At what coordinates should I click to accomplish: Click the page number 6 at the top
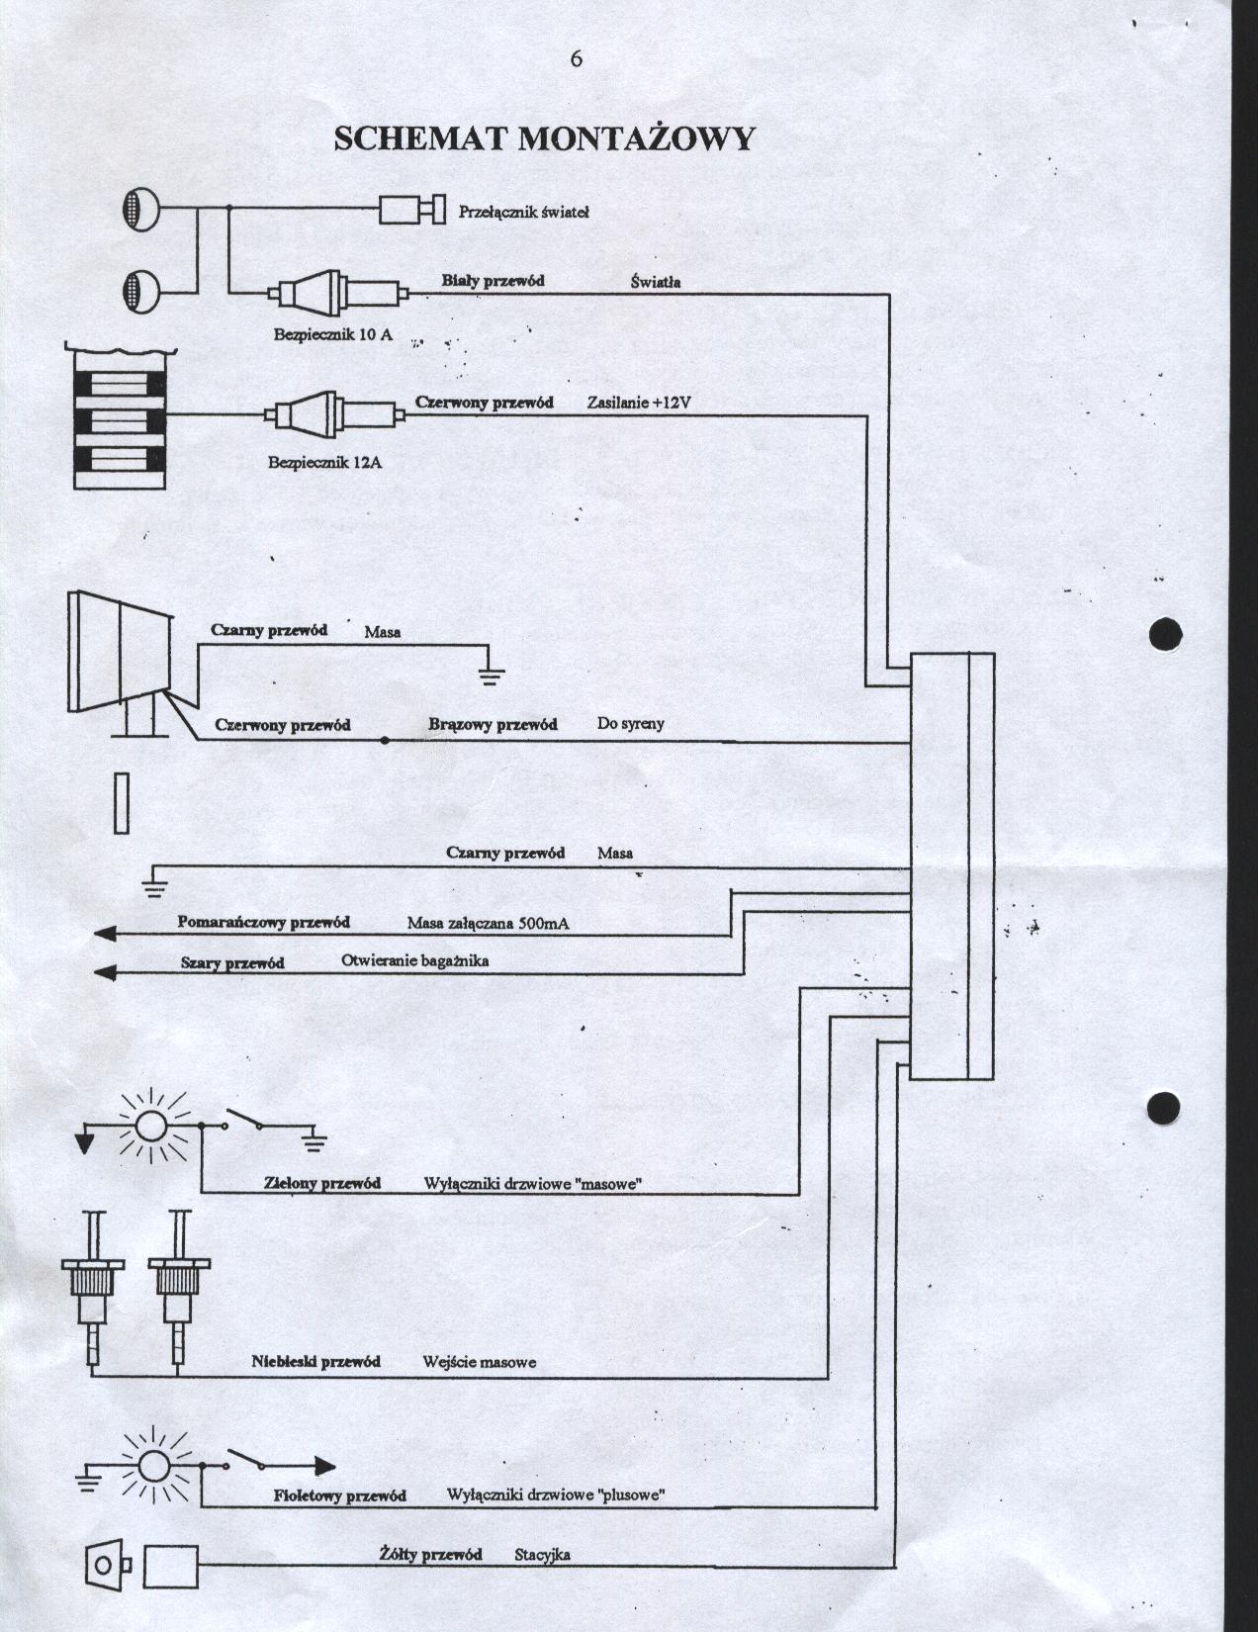(x=576, y=59)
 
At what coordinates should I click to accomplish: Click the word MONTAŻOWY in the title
(x=635, y=138)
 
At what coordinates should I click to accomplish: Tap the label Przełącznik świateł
(x=524, y=213)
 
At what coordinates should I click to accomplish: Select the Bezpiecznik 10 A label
(x=332, y=334)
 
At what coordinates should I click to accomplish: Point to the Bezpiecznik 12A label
(x=324, y=463)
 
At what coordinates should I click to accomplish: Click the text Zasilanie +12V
(x=639, y=403)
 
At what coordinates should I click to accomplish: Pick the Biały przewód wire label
(x=494, y=281)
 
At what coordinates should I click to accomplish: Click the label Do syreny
(x=631, y=724)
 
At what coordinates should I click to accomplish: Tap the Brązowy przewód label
(x=493, y=725)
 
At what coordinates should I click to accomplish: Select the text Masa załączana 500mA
(x=488, y=923)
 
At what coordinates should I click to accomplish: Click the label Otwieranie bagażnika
(x=415, y=961)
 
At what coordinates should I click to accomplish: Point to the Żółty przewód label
(x=431, y=1555)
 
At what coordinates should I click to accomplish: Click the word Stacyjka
(x=542, y=1556)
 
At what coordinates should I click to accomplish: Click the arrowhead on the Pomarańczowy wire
(x=104, y=935)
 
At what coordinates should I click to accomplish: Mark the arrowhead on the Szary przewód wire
(x=104, y=973)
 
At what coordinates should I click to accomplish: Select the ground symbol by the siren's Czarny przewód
(x=491, y=676)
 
